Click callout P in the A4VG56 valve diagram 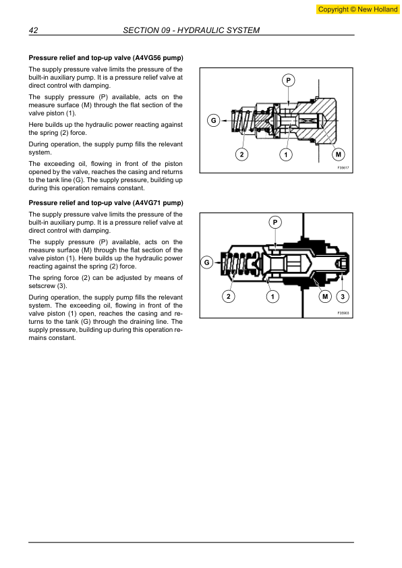288,81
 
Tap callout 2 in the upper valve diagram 241,154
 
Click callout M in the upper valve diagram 338,154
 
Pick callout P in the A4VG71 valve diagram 275,222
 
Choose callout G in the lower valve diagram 207,261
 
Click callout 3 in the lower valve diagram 343,297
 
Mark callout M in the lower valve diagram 324,297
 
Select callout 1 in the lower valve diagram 271,297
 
